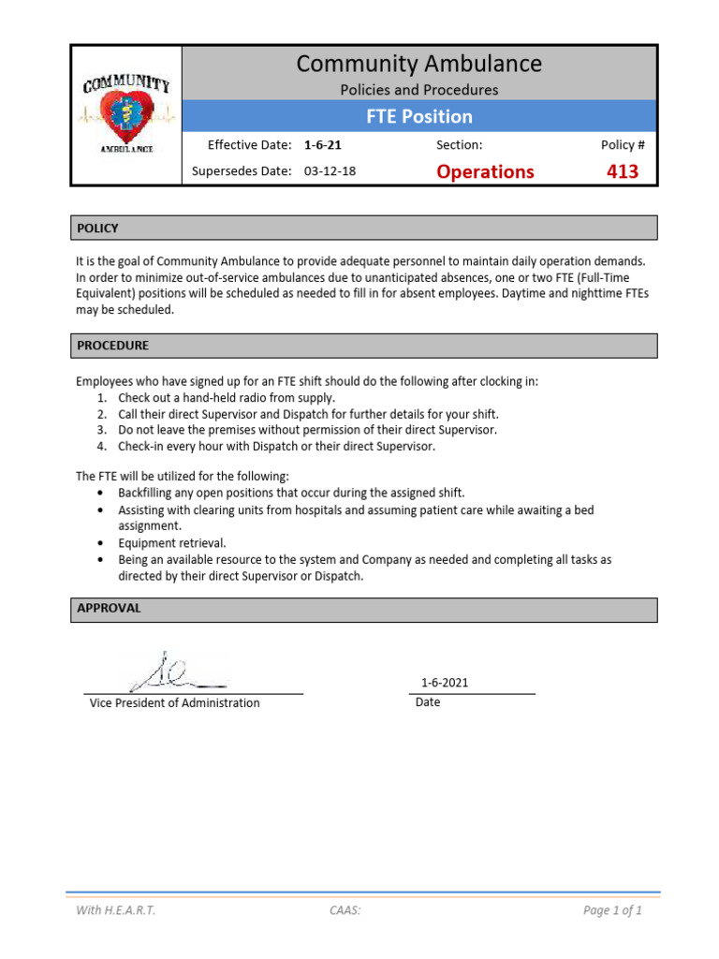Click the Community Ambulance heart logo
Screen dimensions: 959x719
tap(125, 115)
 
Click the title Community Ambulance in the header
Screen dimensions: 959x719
tap(418, 64)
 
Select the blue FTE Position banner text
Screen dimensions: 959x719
tap(418, 116)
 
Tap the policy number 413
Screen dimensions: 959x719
tap(622, 171)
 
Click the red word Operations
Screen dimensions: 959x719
tap(485, 171)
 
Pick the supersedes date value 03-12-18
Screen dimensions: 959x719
tap(330, 171)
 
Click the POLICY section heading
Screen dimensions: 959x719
tap(97, 229)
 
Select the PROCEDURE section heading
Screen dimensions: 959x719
tap(112, 346)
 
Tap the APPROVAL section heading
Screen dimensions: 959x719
tap(109, 608)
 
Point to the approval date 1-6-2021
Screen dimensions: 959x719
tap(445, 683)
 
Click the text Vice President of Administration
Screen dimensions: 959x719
tap(174, 703)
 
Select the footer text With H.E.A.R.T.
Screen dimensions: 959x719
tap(116, 910)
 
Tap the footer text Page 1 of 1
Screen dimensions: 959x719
tap(612, 910)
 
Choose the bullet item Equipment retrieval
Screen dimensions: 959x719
tap(171, 543)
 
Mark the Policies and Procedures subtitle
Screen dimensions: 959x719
tap(418, 90)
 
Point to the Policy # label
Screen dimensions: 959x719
tap(622, 145)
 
